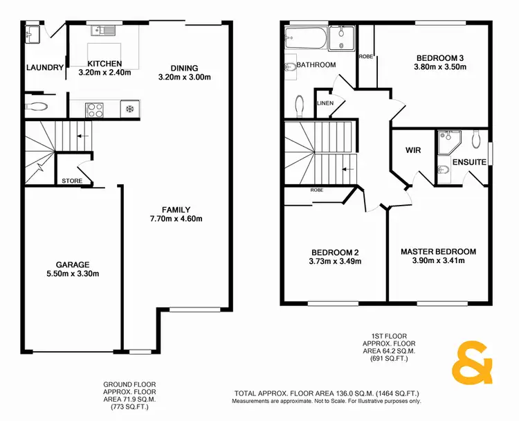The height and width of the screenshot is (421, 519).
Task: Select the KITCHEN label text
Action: (x=104, y=63)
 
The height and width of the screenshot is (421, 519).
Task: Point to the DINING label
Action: (x=185, y=68)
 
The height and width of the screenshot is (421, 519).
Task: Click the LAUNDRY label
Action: (x=44, y=67)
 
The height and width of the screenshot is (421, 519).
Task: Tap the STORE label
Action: (x=72, y=181)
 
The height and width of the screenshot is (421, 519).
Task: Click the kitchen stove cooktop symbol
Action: (x=94, y=109)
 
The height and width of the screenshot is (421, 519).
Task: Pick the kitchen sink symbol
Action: (x=105, y=30)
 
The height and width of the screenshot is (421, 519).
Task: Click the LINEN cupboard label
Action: (x=325, y=103)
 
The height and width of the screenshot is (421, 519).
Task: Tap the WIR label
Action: (x=412, y=149)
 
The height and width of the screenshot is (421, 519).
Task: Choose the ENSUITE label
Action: (x=469, y=162)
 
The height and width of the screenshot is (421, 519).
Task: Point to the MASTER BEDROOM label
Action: (x=438, y=251)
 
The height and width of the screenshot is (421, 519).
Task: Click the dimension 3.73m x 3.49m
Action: (x=336, y=262)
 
